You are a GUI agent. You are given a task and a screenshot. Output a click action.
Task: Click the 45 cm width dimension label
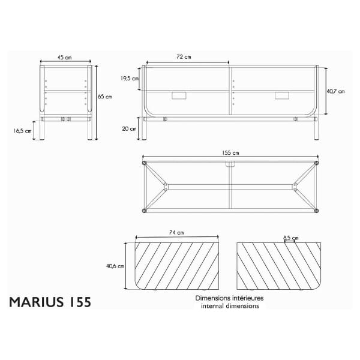tap(65, 58)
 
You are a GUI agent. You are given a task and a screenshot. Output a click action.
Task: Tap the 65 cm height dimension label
tap(105, 97)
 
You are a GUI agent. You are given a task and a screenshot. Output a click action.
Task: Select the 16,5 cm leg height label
tap(23, 131)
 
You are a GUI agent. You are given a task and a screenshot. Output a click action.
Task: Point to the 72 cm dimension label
tap(184, 57)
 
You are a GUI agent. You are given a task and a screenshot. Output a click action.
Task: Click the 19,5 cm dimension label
tap(130, 79)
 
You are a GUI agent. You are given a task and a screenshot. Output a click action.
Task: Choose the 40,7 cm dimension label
tap(335, 91)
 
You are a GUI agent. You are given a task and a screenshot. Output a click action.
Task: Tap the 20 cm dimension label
tap(129, 129)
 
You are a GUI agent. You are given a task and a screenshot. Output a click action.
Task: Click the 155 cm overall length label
tap(230, 153)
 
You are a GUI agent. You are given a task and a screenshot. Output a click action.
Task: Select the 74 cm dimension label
tap(176, 233)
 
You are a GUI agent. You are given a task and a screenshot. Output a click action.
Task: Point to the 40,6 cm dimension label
tap(115, 266)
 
